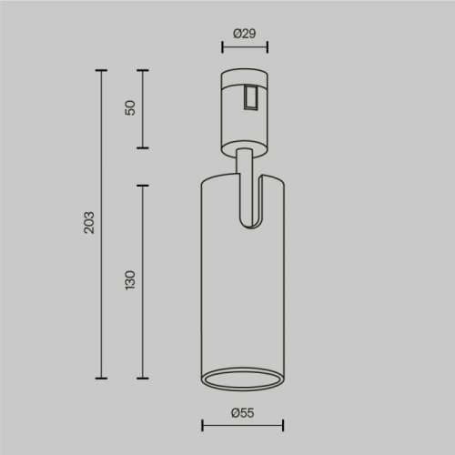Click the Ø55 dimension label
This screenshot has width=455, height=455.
(x=243, y=413)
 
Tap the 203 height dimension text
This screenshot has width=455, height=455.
(x=88, y=223)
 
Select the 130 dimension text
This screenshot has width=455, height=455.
(x=130, y=280)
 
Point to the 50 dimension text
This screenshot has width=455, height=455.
(x=130, y=107)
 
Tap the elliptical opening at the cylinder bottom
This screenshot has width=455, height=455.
(x=242, y=379)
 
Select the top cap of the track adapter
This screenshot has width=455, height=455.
(x=243, y=72)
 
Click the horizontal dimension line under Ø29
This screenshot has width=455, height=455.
(x=243, y=49)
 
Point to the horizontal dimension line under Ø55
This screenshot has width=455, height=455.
(x=242, y=425)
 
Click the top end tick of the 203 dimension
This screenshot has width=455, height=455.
(x=100, y=68)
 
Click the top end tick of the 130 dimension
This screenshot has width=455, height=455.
(x=142, y=186)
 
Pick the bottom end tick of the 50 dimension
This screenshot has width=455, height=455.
(x=142, y=147)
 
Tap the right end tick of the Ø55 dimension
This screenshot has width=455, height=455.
(x=283, y=425)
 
